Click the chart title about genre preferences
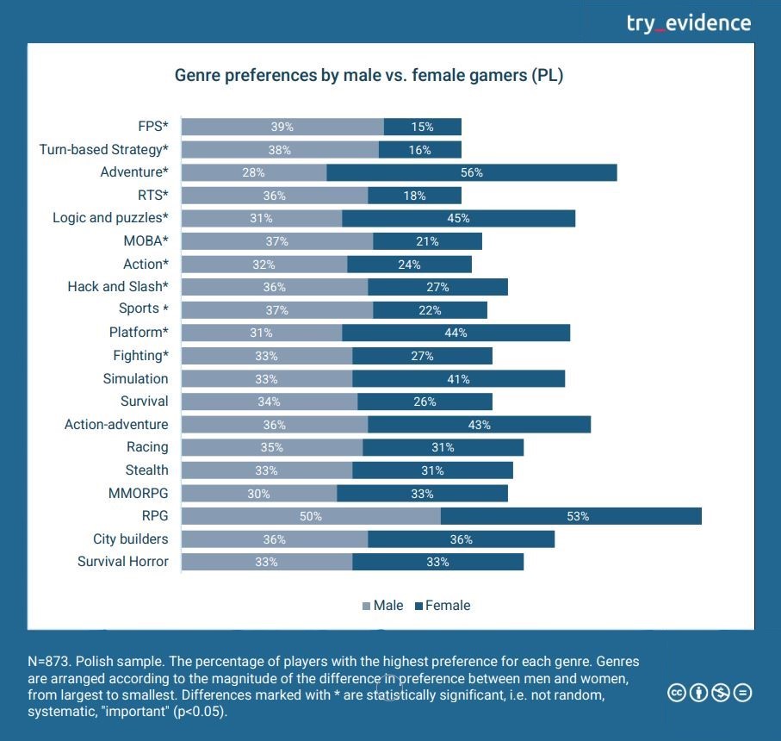pyautogui.click(x=369, y=76)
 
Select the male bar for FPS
pyautogui.click(x=282, y=127)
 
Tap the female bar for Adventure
pyautogui.click(x=472, y=172)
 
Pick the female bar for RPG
pyautogui.click(x=571, y=516)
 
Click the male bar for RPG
pyautogui.click(x=311, y=516)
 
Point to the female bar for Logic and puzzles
pyautogui.click(x=458, y=218)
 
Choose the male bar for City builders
pyautogui.click(x=275, y=539)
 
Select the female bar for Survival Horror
pyautogui.click(x=437, y=562)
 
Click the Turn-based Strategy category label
pyautogui.click(x=103, y=150)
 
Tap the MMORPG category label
pyautogui.click(x=138, y=493)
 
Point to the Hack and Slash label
pyautogui.click(x=118, y=287)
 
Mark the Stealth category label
pyautogui.click(x=146, y=470)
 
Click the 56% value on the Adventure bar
pyautogui.click(x=472, y=172)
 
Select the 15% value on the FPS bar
pyautogui.click(x=422, y=127)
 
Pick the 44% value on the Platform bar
pyautogui.click(x=456, y=333)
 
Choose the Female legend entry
pyautogui.click(x=443, y=606)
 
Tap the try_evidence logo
pyautogui.click(x=688, y=23)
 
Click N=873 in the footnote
pyautogui.click(x=50, y=662)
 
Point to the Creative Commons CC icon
pyautogui.click(x=677, y=693)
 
